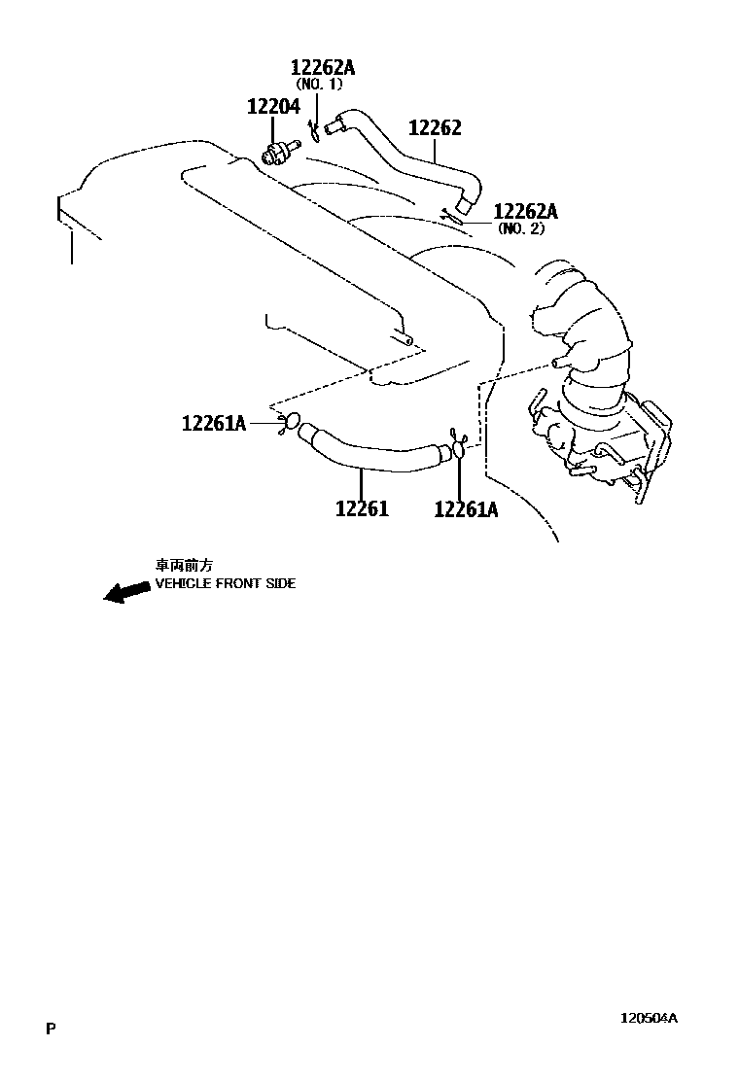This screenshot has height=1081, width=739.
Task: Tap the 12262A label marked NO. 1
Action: click(x=323, y=67)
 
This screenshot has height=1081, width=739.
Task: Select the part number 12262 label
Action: click(x=435, y=128)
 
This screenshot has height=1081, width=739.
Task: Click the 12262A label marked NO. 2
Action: click(x=526, y=212)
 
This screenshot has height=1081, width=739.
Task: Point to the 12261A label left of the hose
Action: click(x=214, y=423)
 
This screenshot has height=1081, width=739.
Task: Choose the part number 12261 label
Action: click(x=362, y=507)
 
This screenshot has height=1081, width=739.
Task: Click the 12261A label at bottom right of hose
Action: click(x=466, y=508)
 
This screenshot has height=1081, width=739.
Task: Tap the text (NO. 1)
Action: click(x=320, y=85)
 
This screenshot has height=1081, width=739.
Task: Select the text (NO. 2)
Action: click(x=521, y=229)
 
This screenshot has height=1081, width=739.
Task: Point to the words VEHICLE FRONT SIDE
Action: click(x=226, y=584)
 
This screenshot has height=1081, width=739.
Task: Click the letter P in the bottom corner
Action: click(x=50, y=1029)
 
